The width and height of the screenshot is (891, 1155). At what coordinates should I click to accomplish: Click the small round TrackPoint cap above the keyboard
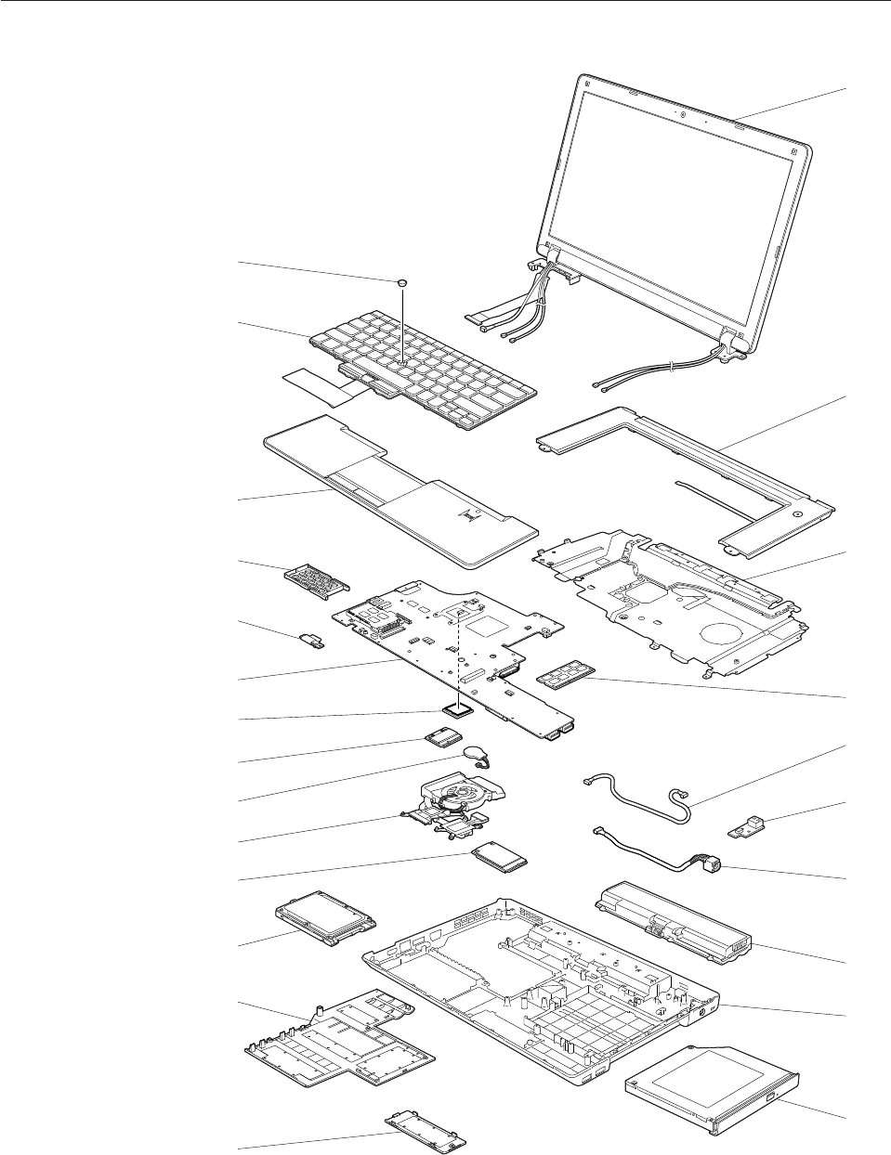pyautogui.click(x=402, y=279)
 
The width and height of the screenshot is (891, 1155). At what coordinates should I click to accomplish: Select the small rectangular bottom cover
pyautogui.click(x=424, y=1128)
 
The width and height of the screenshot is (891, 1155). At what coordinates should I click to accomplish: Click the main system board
pyautogui.click(x=446, y=641)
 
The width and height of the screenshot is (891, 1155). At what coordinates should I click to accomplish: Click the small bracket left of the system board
pyautogui.click(x=311, y=642)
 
